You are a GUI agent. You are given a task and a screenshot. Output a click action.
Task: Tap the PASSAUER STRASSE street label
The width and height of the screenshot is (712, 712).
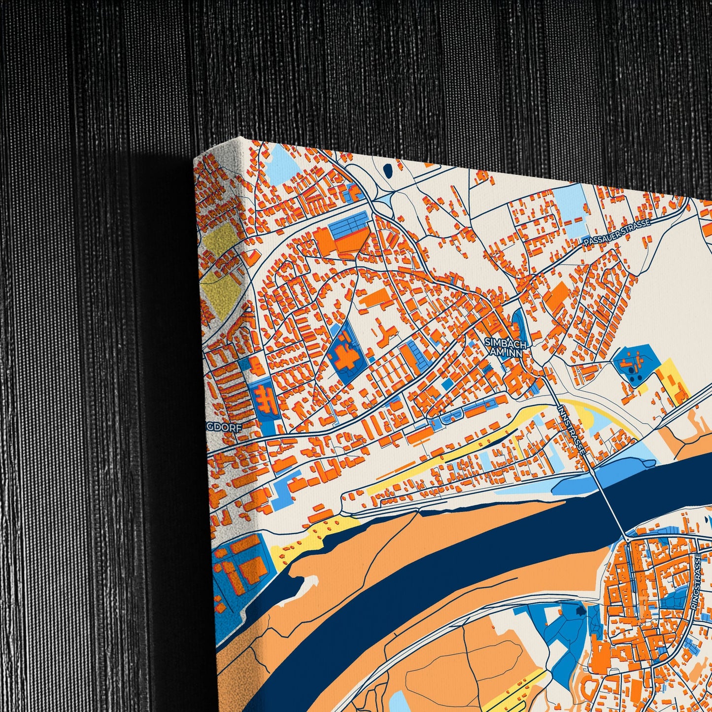click(x=617, y=231)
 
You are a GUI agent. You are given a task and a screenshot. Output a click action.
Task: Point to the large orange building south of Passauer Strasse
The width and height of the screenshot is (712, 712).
click(x=558, y=298)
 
